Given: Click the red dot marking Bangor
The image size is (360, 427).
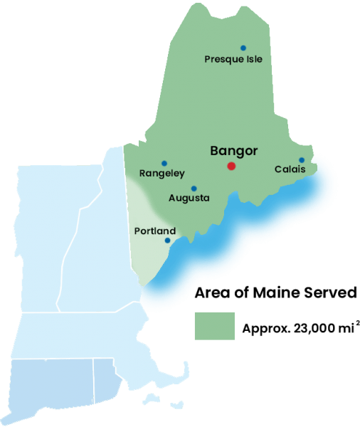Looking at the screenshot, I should pos(231,166).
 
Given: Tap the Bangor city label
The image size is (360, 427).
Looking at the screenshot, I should pos(234,151).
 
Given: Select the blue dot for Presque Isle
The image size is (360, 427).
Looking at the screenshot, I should pos(243,48).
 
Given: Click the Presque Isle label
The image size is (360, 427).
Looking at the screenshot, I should pos(233,59).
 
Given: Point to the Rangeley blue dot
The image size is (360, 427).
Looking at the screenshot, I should pos(164,163).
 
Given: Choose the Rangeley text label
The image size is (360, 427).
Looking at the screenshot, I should pos(162,173).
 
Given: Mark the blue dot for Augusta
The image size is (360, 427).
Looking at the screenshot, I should pos(194,189).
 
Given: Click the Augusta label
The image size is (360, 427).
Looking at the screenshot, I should pos(189,198).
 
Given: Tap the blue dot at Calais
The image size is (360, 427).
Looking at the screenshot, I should pos(302,160).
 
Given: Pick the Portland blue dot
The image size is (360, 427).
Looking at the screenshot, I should pos(167,241).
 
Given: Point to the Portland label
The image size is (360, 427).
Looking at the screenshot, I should pos(154,231).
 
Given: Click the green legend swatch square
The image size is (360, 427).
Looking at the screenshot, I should pos(214,327).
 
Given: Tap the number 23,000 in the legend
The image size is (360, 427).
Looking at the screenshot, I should pos(311,329).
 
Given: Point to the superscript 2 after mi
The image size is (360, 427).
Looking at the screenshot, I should pos(356,324).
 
